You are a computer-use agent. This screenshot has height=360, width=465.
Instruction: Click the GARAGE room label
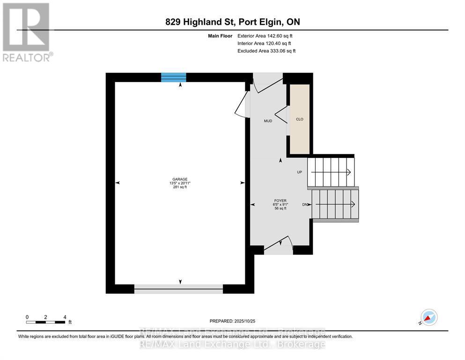(179, 179)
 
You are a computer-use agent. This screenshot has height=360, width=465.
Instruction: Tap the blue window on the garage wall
(173, 77)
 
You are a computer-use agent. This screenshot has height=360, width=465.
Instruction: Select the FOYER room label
(280, 201)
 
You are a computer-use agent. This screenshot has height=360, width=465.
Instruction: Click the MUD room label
(268, 121)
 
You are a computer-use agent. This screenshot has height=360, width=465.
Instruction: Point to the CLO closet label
(300, 119)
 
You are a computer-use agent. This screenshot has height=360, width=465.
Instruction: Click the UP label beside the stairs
(300, 172)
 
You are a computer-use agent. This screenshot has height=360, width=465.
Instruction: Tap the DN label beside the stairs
(305, 204)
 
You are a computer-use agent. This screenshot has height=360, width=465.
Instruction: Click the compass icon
(428, 317)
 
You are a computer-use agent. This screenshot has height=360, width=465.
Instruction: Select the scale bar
(46, 322)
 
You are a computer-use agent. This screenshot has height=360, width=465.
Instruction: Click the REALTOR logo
(27, 32)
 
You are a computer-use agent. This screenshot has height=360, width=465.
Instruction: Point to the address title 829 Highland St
(232, 22)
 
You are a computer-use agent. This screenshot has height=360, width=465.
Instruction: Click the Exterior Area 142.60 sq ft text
(265, 36)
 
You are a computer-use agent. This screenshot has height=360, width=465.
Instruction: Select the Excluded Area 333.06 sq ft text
(266, 51)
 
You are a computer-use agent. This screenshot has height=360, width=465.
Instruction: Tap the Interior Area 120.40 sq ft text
(265, 43)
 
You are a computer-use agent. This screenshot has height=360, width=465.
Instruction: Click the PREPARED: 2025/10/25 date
(233, 321)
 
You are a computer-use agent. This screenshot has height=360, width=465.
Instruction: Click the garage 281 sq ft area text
(179, 187)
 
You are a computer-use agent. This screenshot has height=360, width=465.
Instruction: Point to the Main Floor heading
(221, 36)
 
